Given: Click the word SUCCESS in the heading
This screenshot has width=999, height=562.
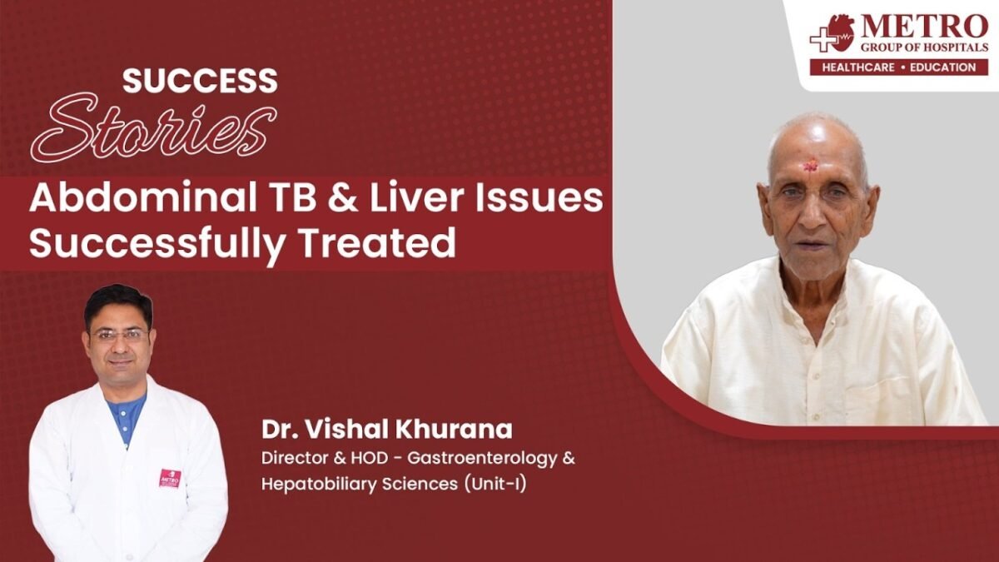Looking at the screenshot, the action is point(200,81).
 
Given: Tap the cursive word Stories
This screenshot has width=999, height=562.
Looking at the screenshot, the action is point(154,128).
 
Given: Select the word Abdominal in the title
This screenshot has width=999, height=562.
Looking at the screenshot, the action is point(143,198).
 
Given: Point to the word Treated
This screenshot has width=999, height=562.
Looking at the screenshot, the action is point(379,242).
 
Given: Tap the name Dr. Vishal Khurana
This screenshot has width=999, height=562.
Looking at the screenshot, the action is point(386,430).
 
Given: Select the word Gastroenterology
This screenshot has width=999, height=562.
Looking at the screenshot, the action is point(482,459).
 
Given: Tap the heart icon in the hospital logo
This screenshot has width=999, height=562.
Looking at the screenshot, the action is point(839,32).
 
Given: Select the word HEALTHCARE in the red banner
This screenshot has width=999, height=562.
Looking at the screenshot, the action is point(858,67).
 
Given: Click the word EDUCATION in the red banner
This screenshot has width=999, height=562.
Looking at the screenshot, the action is point(942,67).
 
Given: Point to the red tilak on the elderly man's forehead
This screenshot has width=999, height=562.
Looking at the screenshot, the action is point(810,167).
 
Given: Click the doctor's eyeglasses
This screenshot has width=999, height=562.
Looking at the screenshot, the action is point(118,335).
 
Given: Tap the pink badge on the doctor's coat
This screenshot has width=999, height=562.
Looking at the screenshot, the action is point(170,478).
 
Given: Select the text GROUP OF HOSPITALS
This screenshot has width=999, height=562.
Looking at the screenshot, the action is point(924,47).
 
